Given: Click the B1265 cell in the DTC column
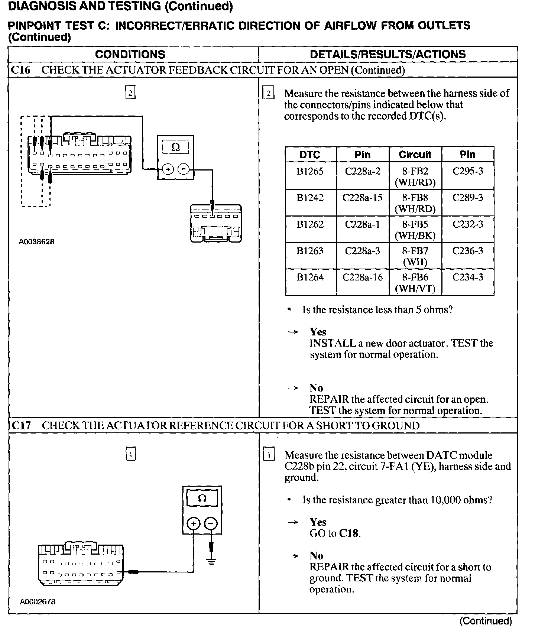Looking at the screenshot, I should point(310,172).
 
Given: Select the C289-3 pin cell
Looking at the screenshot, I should point(468,198).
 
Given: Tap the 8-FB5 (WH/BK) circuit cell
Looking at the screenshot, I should point(415,230).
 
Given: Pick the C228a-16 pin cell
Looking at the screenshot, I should point(362,277).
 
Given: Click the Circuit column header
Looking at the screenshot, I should point(415,155).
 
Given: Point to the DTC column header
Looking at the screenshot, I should point(310,155).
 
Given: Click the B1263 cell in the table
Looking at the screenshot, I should point(310,251).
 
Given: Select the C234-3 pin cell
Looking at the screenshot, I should point(468,277).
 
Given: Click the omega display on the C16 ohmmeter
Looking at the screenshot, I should point(176,147).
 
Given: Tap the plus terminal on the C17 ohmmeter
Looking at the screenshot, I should point(193,524).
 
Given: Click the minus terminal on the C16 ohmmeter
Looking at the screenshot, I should point(184,169).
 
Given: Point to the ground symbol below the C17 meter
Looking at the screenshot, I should point(211,561).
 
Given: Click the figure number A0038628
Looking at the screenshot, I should point(37,242).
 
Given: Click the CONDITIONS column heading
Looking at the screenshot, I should point(130,54).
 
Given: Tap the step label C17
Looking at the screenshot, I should point(21,425).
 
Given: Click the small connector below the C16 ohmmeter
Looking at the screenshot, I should point(216,224).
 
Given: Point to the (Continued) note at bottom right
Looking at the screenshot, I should point(486,621).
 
